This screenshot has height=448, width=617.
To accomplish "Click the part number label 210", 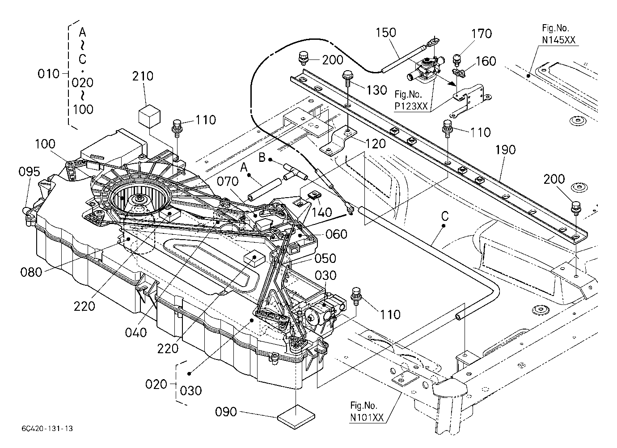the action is (143, 76).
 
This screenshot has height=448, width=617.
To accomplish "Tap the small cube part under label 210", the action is (149, 116).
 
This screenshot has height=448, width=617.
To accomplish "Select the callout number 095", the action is (29, 172).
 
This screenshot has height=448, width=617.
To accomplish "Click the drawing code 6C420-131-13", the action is (47, 428).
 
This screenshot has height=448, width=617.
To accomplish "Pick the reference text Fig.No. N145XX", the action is (558, 34).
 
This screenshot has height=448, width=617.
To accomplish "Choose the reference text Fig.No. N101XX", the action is (367, 411).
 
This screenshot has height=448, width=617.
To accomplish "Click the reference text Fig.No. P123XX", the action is (411, 100).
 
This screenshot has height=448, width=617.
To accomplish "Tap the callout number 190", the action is (505, 150).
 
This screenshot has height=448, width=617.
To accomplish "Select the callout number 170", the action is (481, 34).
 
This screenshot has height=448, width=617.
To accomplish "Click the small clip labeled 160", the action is (459, 73).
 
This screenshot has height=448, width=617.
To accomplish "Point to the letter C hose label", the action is (445, 216).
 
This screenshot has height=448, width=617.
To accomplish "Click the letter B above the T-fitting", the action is (262, 157).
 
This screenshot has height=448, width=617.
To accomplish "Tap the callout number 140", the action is (321, 212).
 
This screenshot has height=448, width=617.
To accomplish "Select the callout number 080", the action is (31, 272).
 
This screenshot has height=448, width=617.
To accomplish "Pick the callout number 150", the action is (386, 33).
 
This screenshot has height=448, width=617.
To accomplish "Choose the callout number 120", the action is (376, 143).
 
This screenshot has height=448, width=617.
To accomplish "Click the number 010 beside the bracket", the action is (48, 74).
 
